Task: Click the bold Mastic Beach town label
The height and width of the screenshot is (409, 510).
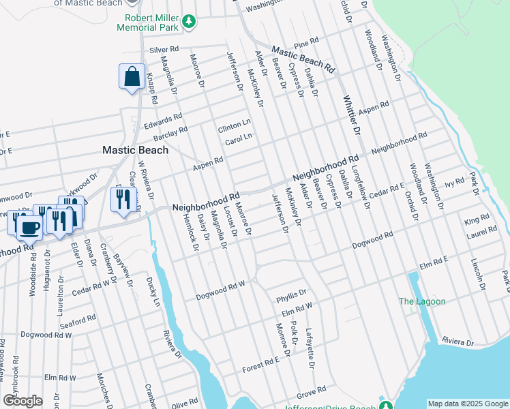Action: click(x=135, y=150)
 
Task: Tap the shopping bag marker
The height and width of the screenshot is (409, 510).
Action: click(x=132, y=77)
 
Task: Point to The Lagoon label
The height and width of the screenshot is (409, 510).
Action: click(x=422, y=302)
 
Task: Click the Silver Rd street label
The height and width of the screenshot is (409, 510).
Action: click(x=164, y=50)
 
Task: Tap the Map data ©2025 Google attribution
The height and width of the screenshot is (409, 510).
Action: click(x=467, y=404)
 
